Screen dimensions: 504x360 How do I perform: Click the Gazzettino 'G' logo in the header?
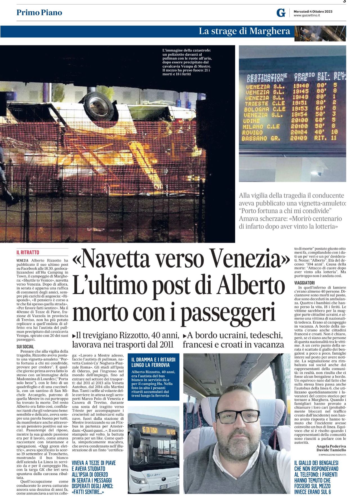coord(281,13)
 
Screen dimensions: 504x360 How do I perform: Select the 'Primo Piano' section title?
coord(39,12)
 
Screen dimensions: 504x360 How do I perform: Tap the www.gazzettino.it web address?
coord(307,15)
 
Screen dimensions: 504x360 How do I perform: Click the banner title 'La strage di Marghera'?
coord(244,31)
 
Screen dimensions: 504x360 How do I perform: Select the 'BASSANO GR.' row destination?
coord(258,138)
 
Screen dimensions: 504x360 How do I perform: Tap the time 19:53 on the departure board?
coord(301,109)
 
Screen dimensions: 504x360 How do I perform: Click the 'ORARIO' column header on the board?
coord(304,75)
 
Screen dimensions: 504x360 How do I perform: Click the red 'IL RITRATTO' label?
coord(28,252)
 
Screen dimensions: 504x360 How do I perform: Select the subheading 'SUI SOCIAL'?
coord(25,347)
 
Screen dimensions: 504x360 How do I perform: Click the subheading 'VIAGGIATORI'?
coord(305,283)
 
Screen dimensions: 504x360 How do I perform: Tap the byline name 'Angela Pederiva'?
coord(331,446)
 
